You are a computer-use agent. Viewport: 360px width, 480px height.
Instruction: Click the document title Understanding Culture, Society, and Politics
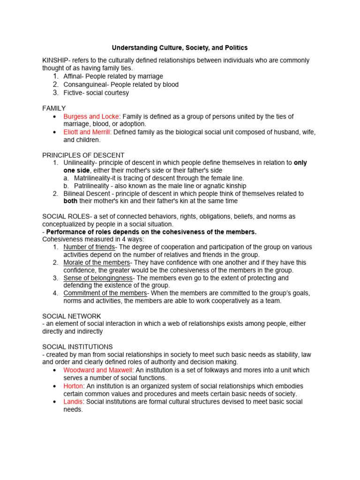(x=180, y=48)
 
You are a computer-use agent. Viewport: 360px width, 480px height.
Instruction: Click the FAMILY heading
(x=54, y=108)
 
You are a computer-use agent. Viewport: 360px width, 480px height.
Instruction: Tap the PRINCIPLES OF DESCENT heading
(x=83, y=155)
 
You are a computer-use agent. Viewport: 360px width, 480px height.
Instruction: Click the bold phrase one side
(x=76, y=170)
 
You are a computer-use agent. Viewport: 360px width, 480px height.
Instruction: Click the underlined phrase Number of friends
(x=89, y=247)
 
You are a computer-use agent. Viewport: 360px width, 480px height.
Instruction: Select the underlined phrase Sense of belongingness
(x=98, y=278)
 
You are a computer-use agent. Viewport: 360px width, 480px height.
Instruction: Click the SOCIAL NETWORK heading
(x=72, y=316)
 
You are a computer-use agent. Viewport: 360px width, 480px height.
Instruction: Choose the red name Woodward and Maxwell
(x=98, y=370)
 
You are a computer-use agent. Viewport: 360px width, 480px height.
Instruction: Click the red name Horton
(x=73, y=386)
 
